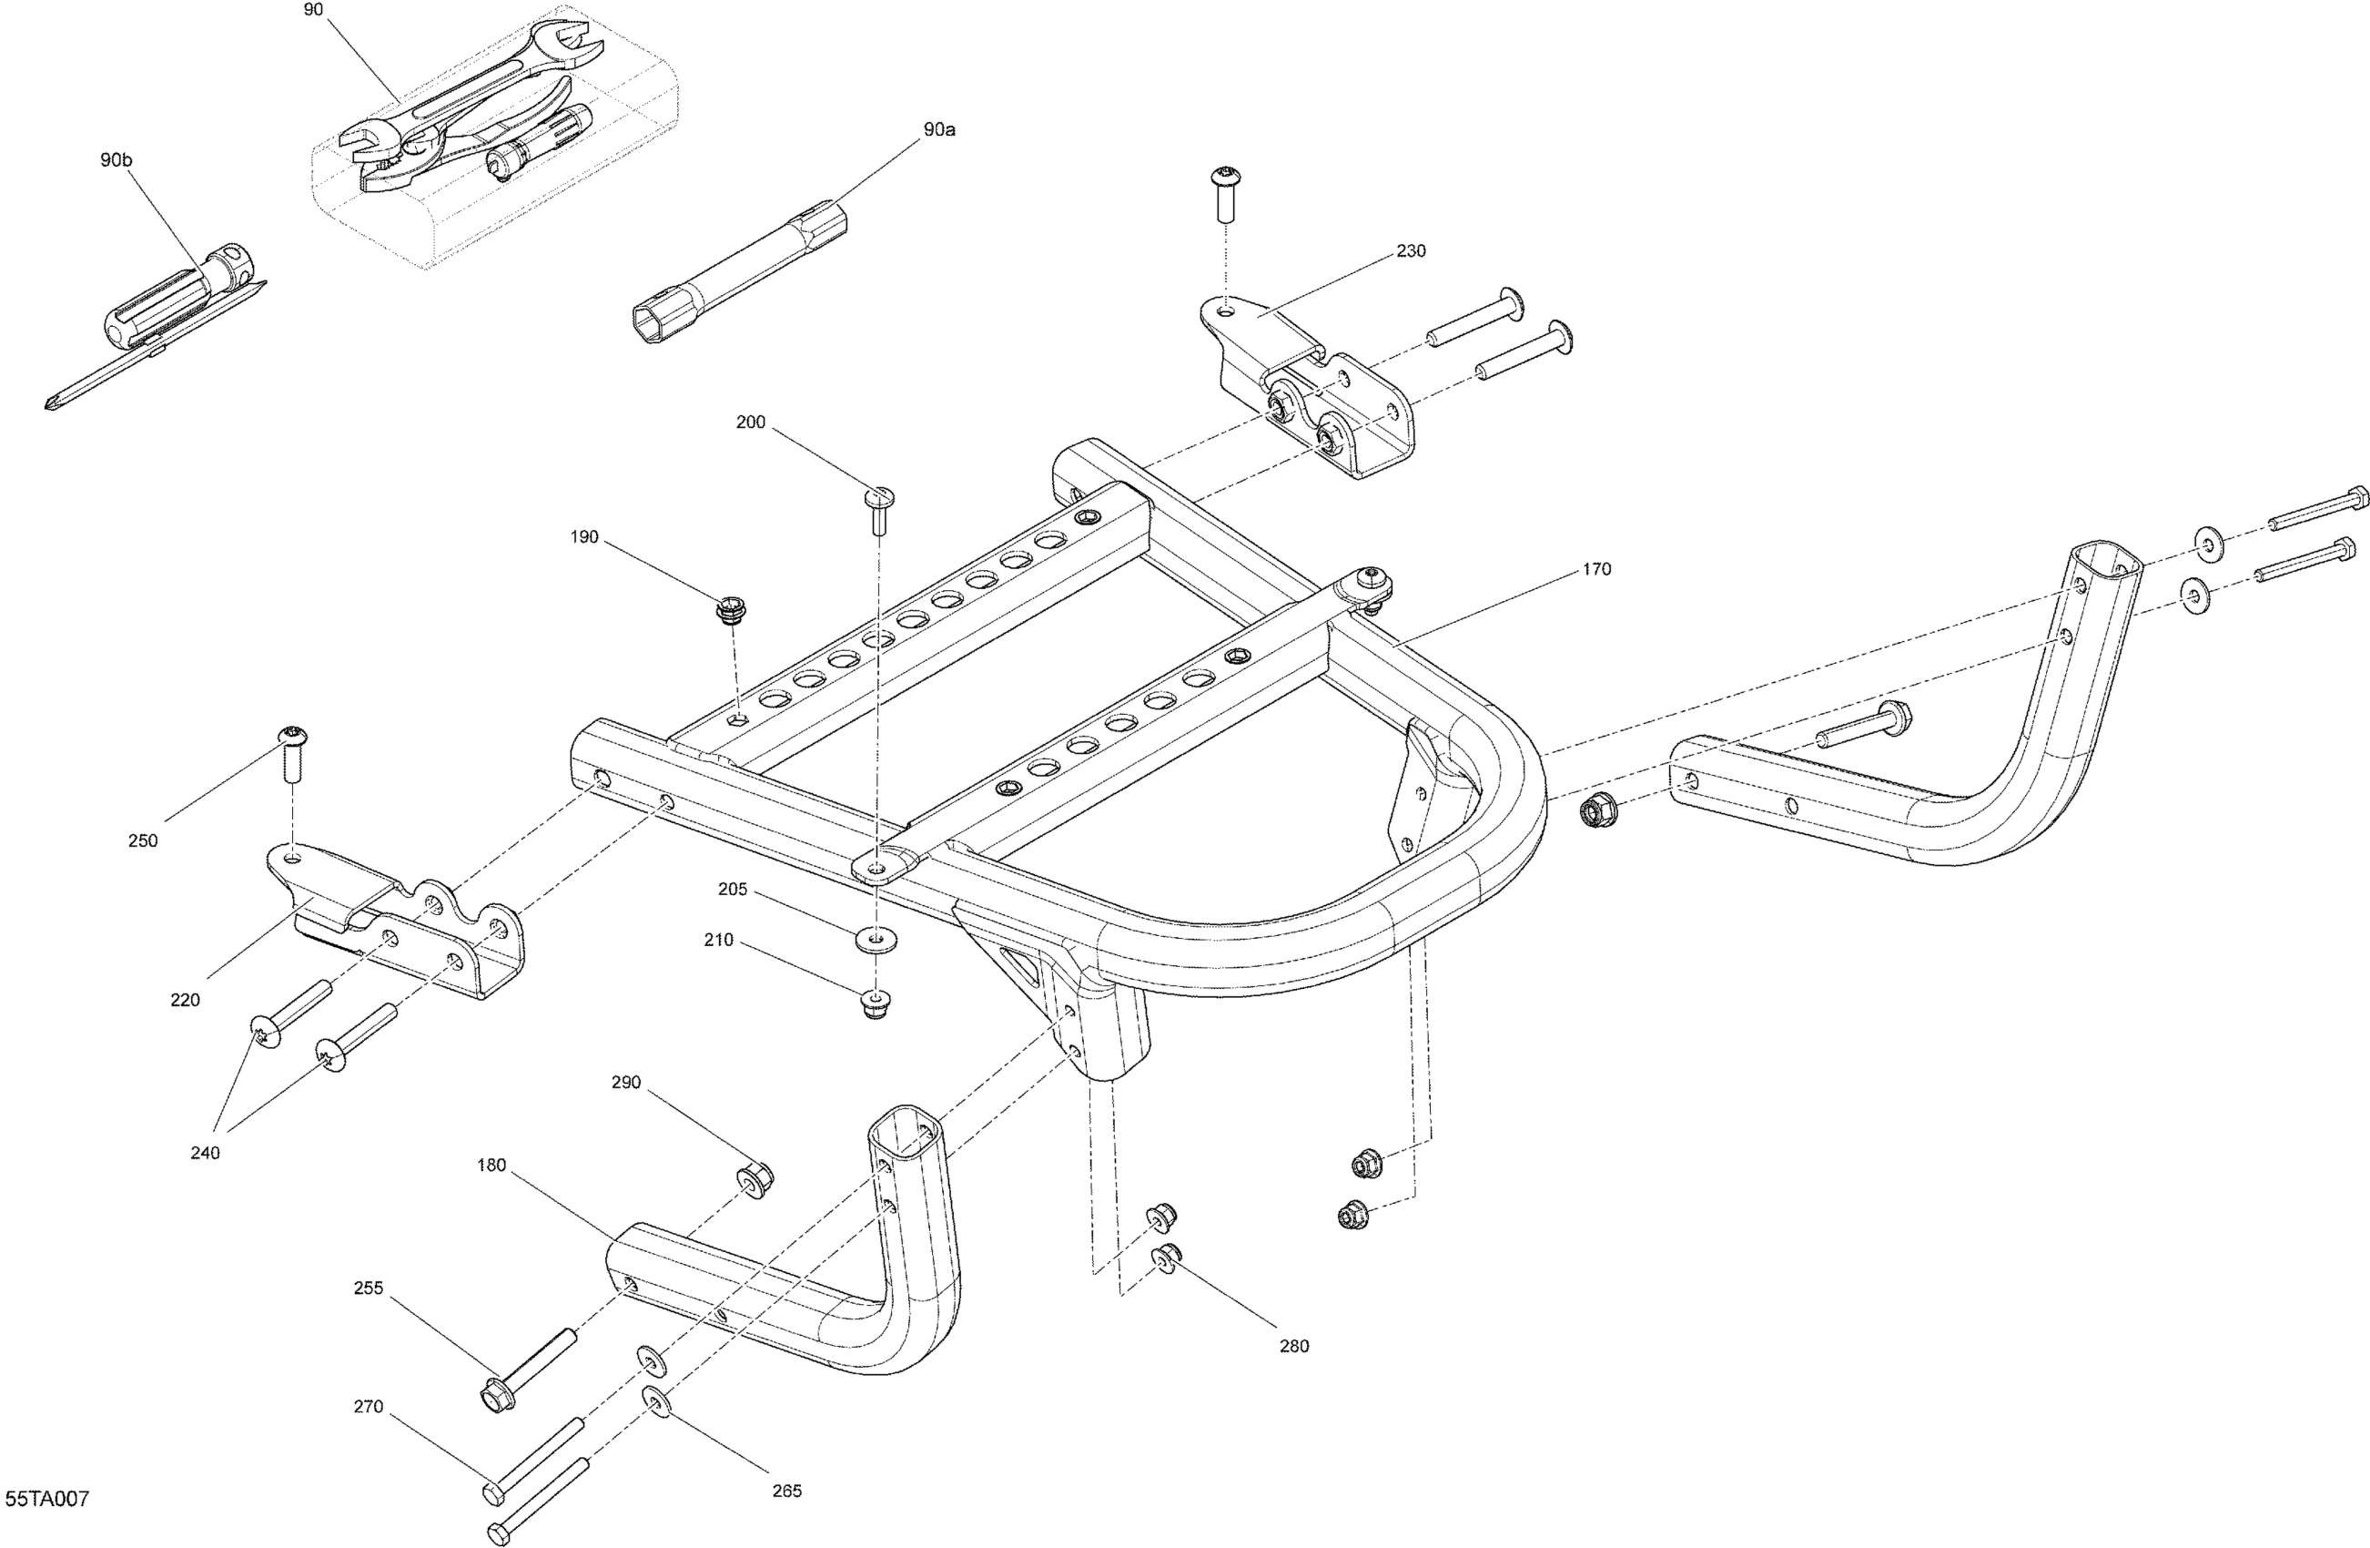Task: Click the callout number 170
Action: click(1595, 569)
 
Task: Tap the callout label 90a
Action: click(939, 129)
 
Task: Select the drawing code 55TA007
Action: click(46, 1498)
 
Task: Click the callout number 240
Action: click(205, 1153)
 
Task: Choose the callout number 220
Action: click(186, 1000)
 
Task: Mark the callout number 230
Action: click(1411, 251)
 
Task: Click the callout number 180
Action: click(491, 1165)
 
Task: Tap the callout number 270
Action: click(369, 1407)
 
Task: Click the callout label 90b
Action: click(116, 159)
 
